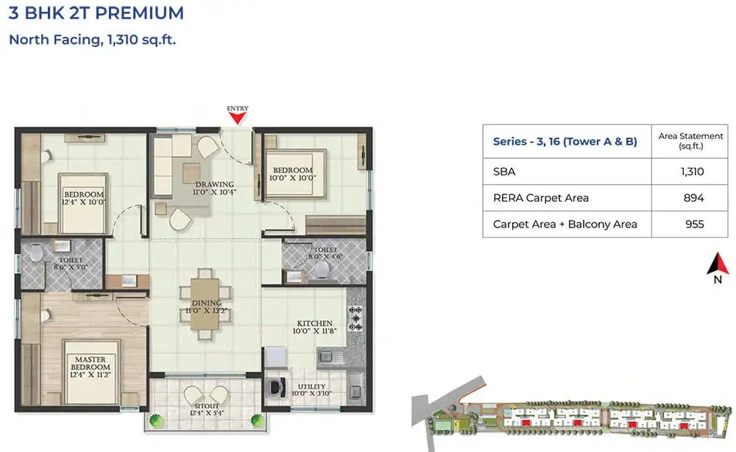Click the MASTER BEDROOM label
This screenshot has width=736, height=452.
coord(91,363)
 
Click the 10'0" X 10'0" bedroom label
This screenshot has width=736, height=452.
coord(293,174)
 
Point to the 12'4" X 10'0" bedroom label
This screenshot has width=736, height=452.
coord(84,199)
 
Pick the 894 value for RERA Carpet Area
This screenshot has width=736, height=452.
coord(692,197)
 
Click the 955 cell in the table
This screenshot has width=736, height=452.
coord(692,224)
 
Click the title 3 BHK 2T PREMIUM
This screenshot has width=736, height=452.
coord(96,13)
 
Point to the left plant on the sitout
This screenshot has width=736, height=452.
coord(155,420)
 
